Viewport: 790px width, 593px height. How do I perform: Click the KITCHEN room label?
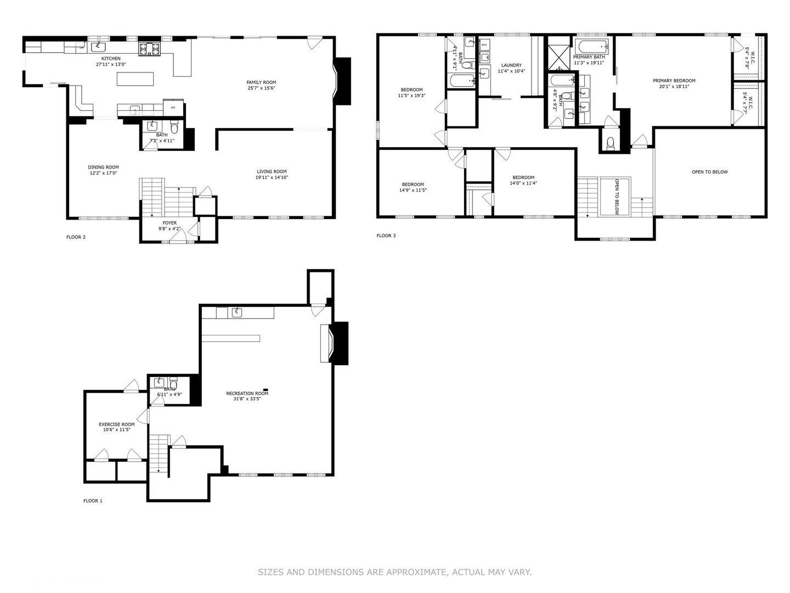111,59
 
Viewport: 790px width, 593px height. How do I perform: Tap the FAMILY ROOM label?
261,82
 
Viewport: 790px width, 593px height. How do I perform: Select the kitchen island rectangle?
136,79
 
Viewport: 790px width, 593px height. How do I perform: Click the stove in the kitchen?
149,49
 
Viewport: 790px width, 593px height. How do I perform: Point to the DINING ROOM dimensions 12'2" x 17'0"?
103,174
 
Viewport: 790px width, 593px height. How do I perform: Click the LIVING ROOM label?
271,171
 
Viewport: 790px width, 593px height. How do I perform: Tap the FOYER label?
170,223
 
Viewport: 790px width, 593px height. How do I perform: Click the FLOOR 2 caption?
76,237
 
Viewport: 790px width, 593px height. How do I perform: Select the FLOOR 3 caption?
386,236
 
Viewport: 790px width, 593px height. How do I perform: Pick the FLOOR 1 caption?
93,501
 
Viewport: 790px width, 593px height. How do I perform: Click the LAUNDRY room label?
511,65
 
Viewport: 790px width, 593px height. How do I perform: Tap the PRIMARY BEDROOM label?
674,81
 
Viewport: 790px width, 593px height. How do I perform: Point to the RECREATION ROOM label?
247,393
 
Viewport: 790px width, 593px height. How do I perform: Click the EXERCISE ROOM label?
116,424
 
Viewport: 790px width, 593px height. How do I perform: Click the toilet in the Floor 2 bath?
174,129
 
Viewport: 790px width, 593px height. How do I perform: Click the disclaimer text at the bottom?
394,572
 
